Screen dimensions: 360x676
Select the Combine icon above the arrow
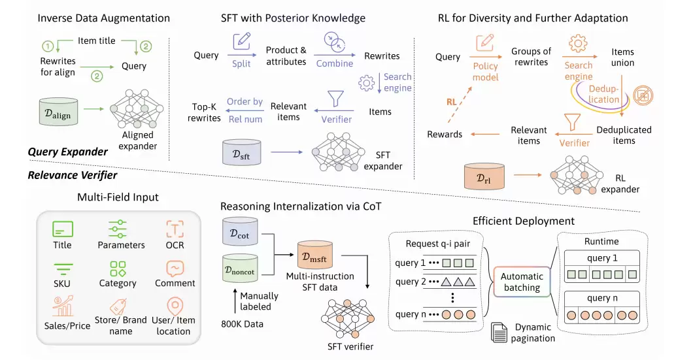(335, 42)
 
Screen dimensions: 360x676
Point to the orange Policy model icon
(485, 44)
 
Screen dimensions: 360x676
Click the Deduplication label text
(603, 94)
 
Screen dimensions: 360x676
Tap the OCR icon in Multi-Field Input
(175, 229)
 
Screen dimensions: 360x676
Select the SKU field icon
(63, 267)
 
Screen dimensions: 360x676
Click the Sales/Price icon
(63, 308)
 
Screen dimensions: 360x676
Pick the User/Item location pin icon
(175, 306)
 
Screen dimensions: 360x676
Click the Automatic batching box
(522, 282)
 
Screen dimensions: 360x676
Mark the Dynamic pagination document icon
(499, 331)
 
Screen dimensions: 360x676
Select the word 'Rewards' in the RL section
(445, 134)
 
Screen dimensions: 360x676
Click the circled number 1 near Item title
(46, 46)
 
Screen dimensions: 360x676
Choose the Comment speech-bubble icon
(175, 267)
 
